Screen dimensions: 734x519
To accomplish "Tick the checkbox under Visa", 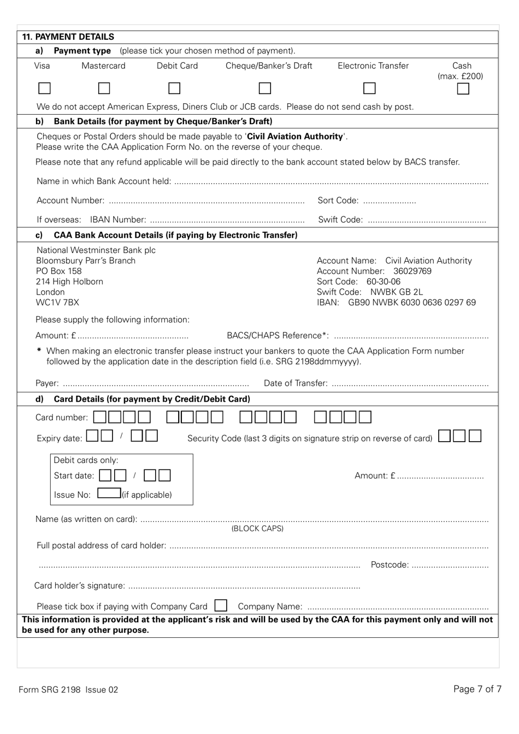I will click(45, 88).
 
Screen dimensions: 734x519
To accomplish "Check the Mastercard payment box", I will click(104, 88).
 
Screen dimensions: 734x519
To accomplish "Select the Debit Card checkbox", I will click(174, 88).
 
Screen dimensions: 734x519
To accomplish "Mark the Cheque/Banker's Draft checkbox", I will click(265, 88).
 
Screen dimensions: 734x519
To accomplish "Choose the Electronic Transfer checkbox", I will click(370, 88).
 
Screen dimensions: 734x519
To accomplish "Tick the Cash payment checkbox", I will click(463, 89).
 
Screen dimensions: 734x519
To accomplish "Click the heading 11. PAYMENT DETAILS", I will click(68, 37).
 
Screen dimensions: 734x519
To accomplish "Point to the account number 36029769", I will click(412, 271).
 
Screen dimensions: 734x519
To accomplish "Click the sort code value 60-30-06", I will click(383, 281).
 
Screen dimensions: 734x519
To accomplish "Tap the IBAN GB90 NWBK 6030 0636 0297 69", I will click(412, 302).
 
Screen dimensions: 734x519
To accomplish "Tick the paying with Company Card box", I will click(221, 606).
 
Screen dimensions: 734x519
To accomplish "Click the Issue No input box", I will click(109, 494).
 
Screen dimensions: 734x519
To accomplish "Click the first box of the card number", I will click(100, 417).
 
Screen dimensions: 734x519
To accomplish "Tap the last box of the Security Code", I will click(475, 436).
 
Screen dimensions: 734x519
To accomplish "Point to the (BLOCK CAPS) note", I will click(257, 529).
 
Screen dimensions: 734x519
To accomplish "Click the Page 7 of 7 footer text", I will click(477, 689).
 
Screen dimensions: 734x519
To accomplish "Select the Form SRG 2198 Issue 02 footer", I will click(68, 689).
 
